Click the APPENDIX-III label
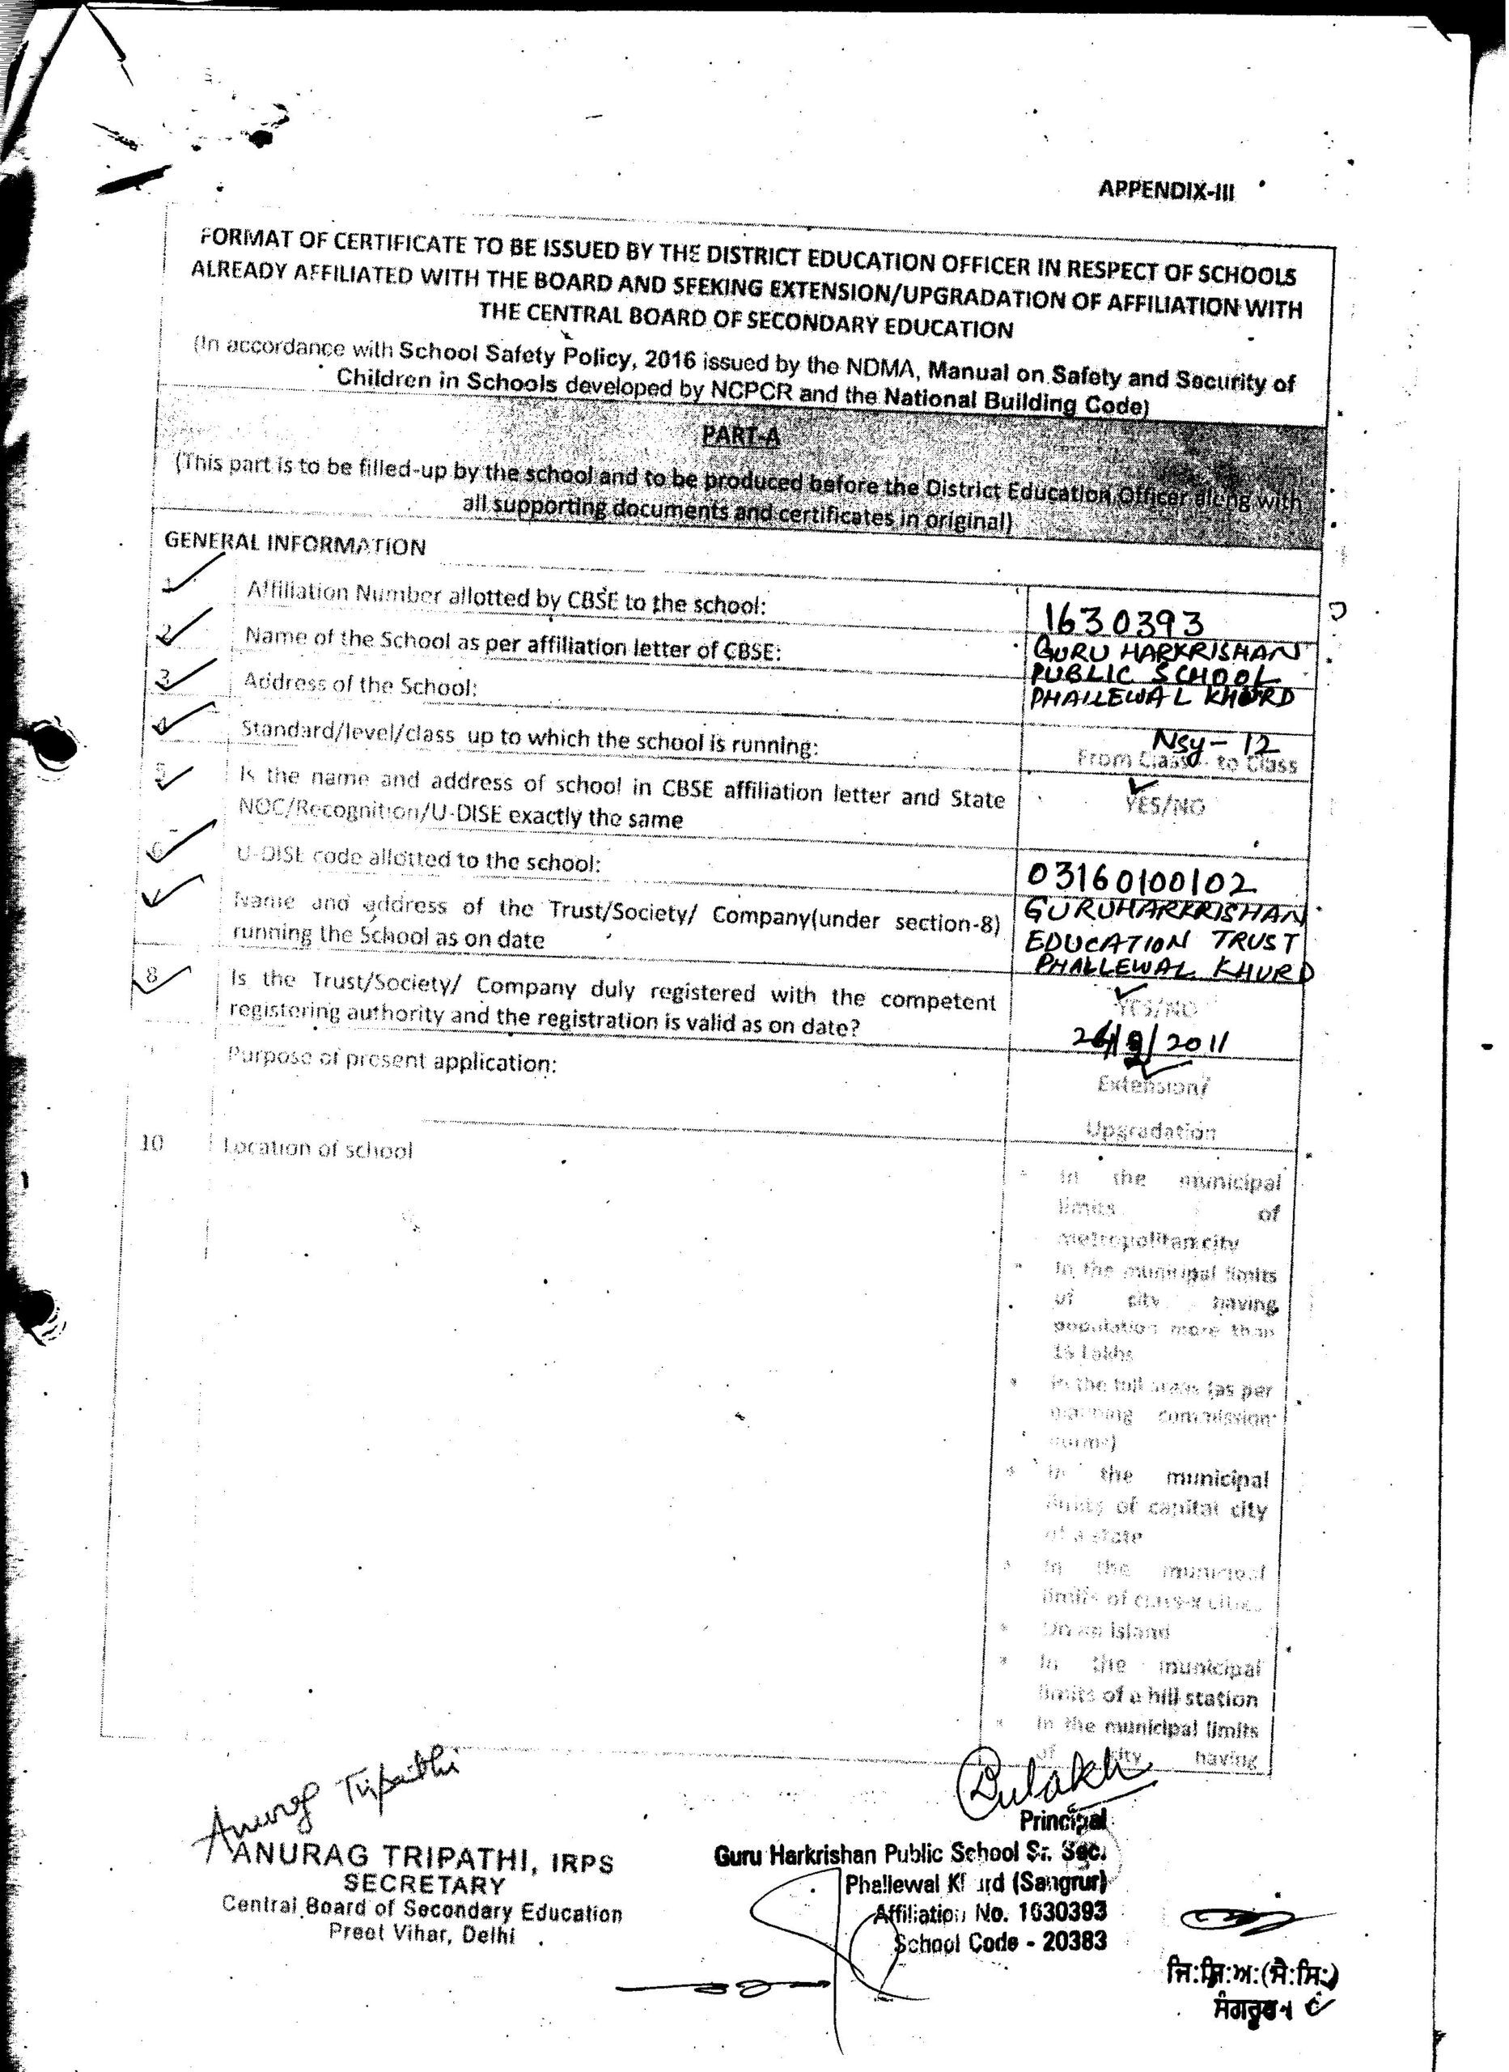point(1166,191)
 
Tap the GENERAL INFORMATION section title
point(295,545)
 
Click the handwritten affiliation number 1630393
point(1124,622)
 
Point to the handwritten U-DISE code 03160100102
point(1141,878)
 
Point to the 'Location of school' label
point(319,1149)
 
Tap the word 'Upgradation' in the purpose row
point(1151,1131)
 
